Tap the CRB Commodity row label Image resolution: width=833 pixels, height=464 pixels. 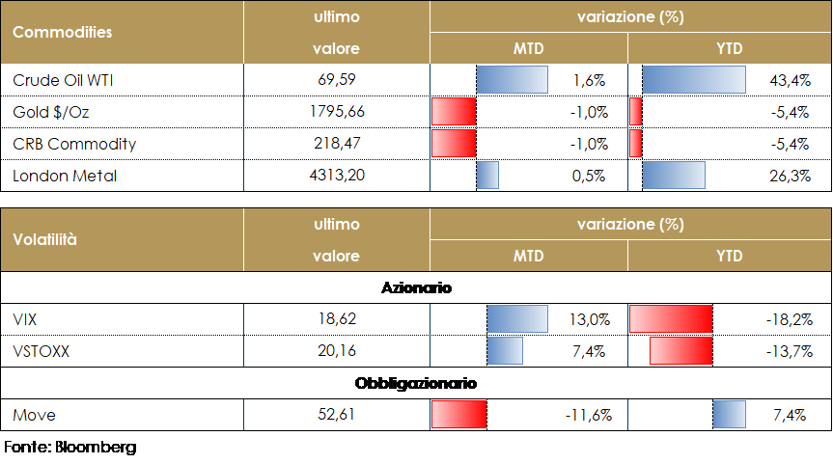pos(74,144)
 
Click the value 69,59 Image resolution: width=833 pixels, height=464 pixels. pos(336,80)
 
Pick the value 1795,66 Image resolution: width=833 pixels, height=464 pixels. pos(336,112)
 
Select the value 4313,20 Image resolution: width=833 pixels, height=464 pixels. pos(336,176)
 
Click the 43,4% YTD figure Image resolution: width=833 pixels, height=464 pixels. pos(791,80)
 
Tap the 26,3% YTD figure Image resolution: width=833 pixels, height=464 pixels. pos(791,176)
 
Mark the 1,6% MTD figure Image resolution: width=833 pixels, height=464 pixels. pos(590,80)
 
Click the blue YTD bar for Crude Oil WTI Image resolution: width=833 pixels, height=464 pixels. pos(693,79)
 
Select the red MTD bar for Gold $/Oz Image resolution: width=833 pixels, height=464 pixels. pos(454,112)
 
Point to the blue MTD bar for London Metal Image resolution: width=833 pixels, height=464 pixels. pos(487,176)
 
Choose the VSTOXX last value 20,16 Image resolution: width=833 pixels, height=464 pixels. pos(336,351)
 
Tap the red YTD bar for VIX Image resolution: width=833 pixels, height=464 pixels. pos(671,319)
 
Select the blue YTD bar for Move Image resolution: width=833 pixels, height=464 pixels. pos(730,415)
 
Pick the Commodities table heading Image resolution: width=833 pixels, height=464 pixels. pos(62,32)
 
